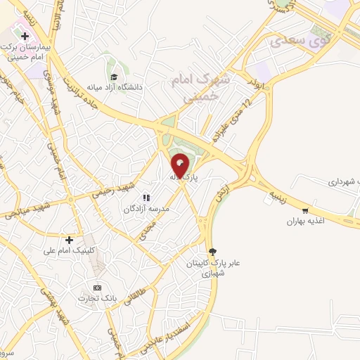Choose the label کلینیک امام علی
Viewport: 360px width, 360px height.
(68, 250)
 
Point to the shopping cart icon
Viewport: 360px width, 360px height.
(304, 210)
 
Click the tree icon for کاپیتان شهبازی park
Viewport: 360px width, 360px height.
(213, 251)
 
